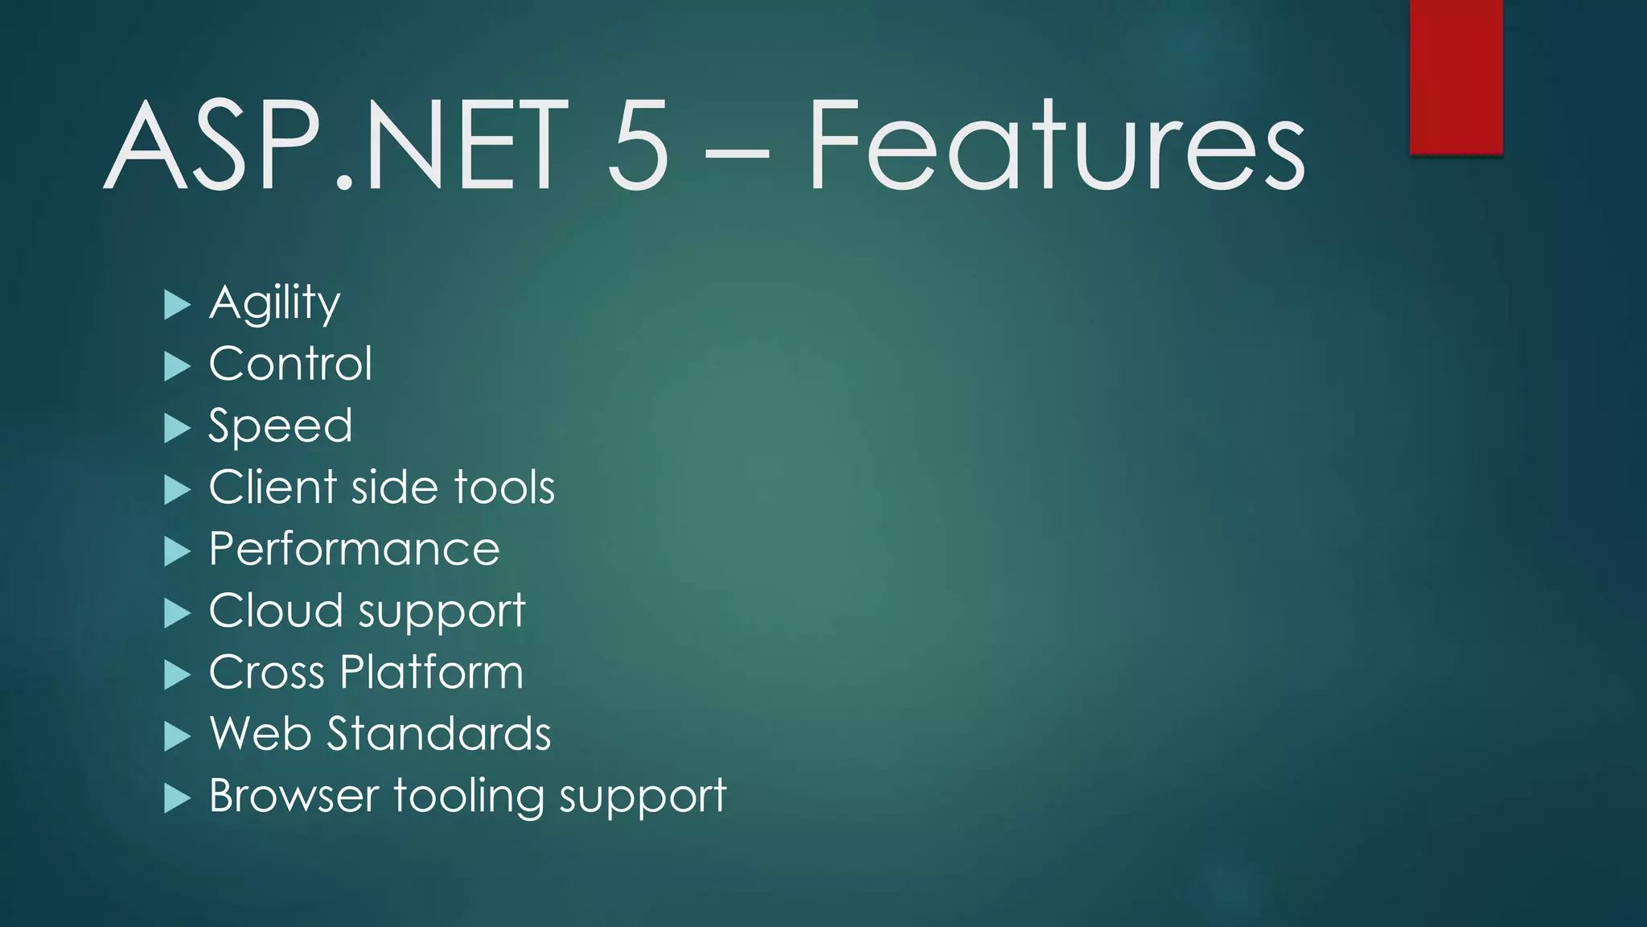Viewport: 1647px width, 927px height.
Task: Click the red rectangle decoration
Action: pos(1456,76)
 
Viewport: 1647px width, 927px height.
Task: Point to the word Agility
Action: pos(274,303)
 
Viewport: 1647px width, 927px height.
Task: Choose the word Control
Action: pos(290,364)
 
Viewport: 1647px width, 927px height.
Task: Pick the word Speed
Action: pos(280,426)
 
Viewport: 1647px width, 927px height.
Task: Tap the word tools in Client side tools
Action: pos(504,488)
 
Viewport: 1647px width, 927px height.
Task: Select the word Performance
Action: pos(354,550)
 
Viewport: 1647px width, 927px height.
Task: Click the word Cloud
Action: pos(275,611)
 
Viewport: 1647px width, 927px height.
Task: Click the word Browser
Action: pos(294,796)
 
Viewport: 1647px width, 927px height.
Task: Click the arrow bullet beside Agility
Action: pos(177,305)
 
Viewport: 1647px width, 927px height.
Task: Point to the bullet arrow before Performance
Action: pos(177,552)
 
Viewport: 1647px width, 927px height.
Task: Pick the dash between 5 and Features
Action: pos(737,150)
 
